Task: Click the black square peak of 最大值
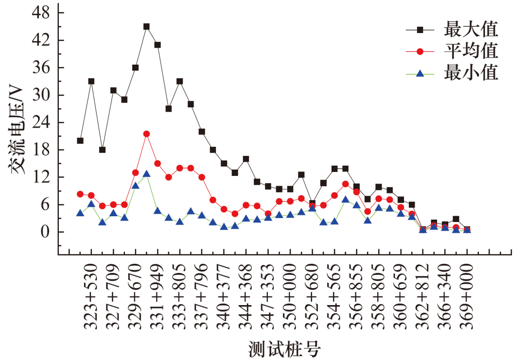click(x=146, y=26)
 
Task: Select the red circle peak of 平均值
click(x=146, y=134)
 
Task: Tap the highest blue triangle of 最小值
click(x=146, y=173)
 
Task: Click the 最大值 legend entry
click(x=471, y=29)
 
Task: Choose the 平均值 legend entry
click(x=471, y=51)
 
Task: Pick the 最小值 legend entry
click(x=471, y=72)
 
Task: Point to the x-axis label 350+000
click(x=290, y=297)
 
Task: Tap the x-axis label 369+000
click(x=467, y=297)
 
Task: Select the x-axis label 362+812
click(x=422, y=297)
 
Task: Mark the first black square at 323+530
click(x=80, y=141)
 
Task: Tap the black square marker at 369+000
click(x=467, y=229)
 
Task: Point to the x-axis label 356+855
click(x=356, y=297)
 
